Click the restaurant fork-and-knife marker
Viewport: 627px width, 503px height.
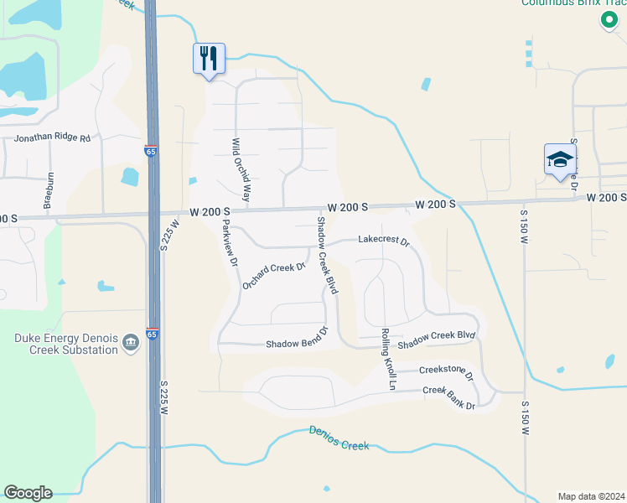pyautogui.click(x=208, y=58)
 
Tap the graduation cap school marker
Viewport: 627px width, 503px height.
pyautogui.click(x=559, y=159)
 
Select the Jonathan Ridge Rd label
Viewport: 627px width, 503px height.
pyautogui.click(x=53, y=137)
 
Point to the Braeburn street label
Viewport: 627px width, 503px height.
pyautogui.click(x=49, y=190)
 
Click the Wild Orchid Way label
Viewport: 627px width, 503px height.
pyautogui.click(x=241, y=170)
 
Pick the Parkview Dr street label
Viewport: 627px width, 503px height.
pyautogui.click(x=229, y=243)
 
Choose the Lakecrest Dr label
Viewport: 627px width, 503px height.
pyautogui.click(x=383, y=241)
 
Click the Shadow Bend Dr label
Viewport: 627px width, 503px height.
pyautogui.click(x=295, y=344)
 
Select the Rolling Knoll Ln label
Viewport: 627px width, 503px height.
pyautogui.click(x=388, y=360)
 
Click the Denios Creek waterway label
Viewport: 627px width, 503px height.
pyautogui.click(x=339, y=438)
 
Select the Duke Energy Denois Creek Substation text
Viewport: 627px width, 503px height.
pyautogui.click(x=65, y=344)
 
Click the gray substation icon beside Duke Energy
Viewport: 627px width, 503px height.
pyautogui.click(x=130, y=342)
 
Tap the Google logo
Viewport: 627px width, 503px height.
pyautogui.click(x=28, y=493)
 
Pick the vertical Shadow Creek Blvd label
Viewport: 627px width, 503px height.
pyautogui.click(x=326, y=255)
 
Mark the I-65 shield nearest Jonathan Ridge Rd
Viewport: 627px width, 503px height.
pyautogui.click(x=151, y=152)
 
